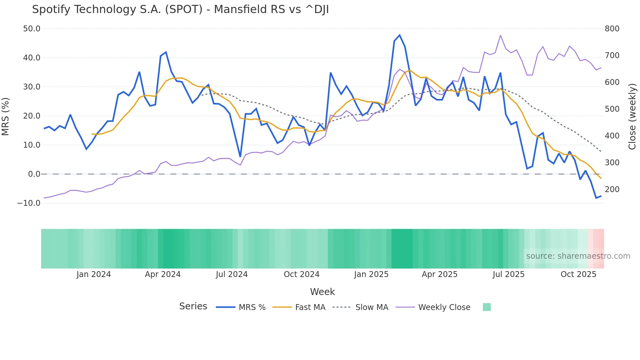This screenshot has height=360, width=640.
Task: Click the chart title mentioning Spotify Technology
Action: pyautogui.click(x=180, y=9)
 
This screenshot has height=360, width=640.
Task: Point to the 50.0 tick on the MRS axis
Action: pyautogui.click(x=31, y=29)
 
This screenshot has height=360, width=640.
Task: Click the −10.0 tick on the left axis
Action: pyautogui.click(x=29, y=203)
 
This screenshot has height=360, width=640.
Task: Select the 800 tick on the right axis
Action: pyautogui.click(x=612, y=29)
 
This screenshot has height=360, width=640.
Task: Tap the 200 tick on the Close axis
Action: pyautogui.click(x=612, y=189)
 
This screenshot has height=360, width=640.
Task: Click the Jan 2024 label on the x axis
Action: pyautogui.click(x=93, y=274)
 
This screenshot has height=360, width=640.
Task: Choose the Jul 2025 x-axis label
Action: pyautogui.click(x=508, y=274)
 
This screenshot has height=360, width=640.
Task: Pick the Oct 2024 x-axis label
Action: pyautogui.click(x=301, y=274)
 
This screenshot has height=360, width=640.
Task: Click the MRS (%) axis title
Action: pyautogui.click(x=6, y=116)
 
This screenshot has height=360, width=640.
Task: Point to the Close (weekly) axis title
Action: pyautogui.click(x=632, y=116)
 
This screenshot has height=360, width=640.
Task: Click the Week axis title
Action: pyautogui.click(x=322, y=292)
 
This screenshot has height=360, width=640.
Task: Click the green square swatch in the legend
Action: pyautogui.click(x=487, y=307)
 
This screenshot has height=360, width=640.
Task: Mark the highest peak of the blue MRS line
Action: pyautogui.click(x=400, y=35)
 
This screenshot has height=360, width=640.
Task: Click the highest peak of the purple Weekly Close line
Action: pyautogui.click(x=501, y=35)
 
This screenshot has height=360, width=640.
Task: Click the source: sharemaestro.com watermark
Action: pyautogui.click(x=578, y=256)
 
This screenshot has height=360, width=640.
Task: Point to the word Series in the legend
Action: pyautogui.click(x=193, y=306)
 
